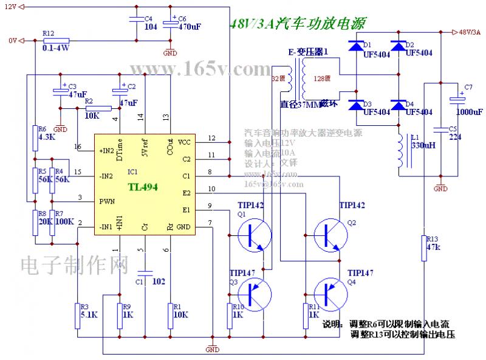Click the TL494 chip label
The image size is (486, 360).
(143, 187)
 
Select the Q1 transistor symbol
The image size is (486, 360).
(253, 234)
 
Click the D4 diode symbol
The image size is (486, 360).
(398, 106)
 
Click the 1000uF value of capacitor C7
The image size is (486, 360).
(469, 112)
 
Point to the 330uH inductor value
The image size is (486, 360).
(422, 147)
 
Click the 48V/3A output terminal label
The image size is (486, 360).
(470, 32)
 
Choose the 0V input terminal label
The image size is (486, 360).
(12, 41)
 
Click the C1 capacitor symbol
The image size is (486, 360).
(145, 272)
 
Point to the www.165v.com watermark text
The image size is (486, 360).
(199, 67)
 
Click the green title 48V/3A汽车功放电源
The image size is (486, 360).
(298, 24)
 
